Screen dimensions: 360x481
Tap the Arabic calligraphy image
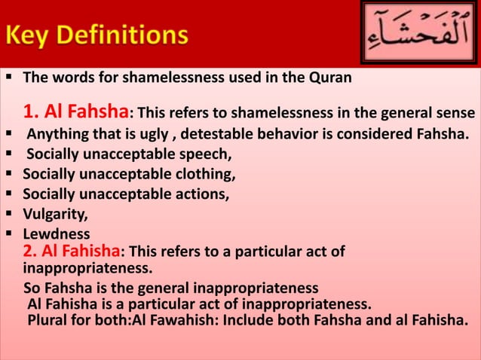tap(418, 33)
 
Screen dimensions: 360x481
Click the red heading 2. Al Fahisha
tap(72, 252)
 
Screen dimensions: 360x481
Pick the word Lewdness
tap(56, 233)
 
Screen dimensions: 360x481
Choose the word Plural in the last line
tap(47, 322)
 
